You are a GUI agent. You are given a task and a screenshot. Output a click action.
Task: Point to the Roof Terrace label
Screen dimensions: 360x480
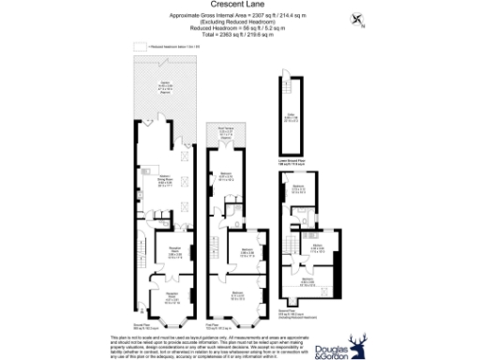coord(226,131)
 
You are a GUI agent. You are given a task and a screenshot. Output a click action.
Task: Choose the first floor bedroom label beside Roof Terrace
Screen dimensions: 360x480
coord(226,175)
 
